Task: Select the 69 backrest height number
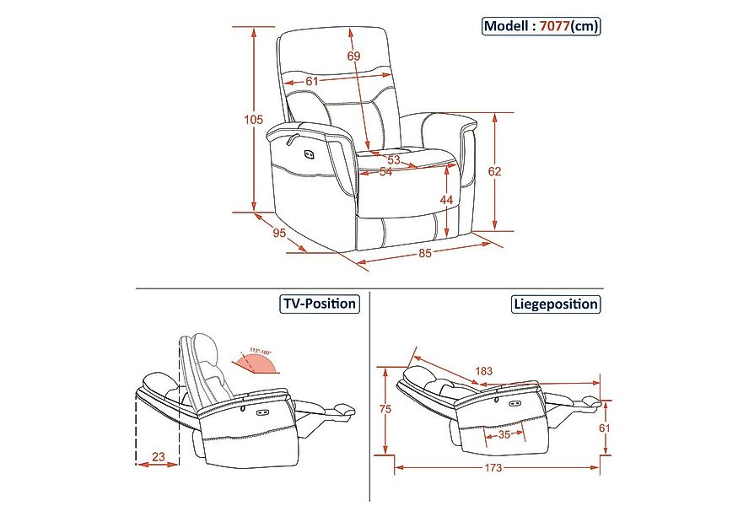(353, 57)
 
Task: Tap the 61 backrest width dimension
(311, 81)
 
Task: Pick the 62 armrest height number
(495, 171)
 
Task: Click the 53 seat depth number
(394, 159)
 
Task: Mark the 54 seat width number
(386, 171)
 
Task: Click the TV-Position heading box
(318, 304)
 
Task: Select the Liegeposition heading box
(556, 304)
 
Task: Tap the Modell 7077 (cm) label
(541, 26)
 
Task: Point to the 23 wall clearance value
(158, 459)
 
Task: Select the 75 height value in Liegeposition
(385, 409)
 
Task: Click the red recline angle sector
(256, 363)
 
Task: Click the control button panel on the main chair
(308, 153)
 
